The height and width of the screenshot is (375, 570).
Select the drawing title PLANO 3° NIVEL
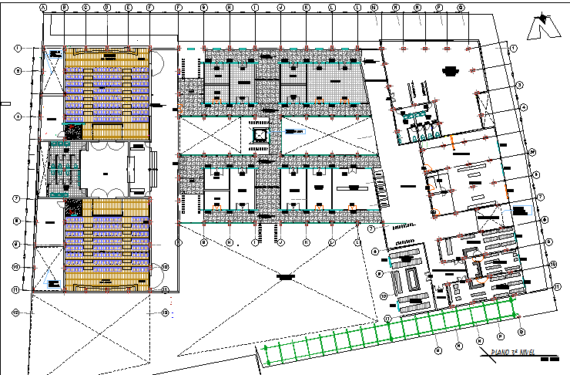[508, 354]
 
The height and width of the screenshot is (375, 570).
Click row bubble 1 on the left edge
[17, 48]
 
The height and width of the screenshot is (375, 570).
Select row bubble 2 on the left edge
[17, 70]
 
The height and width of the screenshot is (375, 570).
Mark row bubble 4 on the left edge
[17, 117]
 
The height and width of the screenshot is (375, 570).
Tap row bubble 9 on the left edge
[17, 244]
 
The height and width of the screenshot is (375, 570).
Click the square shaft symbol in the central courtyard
[260, 136]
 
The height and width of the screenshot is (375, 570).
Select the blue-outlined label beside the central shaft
[293, 133]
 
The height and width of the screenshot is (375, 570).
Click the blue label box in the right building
[521, 209]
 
